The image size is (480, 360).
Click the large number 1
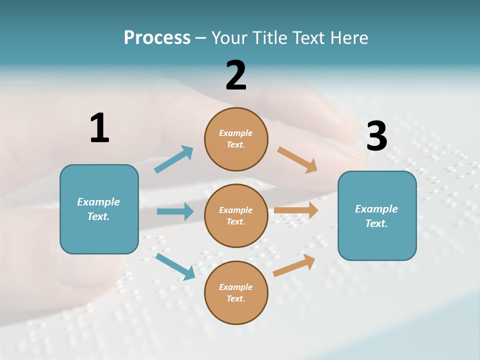pyautogui.click(x=99, y=128)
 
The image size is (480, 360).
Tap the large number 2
pyautogui.click(x=236, y=75)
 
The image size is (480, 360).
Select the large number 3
pyautogui.click(x=376, y=136)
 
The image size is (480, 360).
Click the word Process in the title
pyautogui.click(x=157, y=37)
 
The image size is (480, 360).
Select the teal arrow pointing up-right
pyautogui.click(x=174, y=159)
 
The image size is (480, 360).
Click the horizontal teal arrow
pyautogui.click(x=175, y=211)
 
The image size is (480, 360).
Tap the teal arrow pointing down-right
pyautogui.click(x=175, y=266)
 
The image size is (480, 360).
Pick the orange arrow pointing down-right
pyautogui.click(x=297, y=160)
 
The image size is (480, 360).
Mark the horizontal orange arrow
pyautogui.click(x=296, y=210)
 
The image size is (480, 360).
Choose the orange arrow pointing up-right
pyautogui.click(x=294, y=265)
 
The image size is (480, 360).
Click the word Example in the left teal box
pyautogui.click(x=98, y=202)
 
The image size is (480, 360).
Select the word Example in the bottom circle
pyautogui.click(x=235, y=287)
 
